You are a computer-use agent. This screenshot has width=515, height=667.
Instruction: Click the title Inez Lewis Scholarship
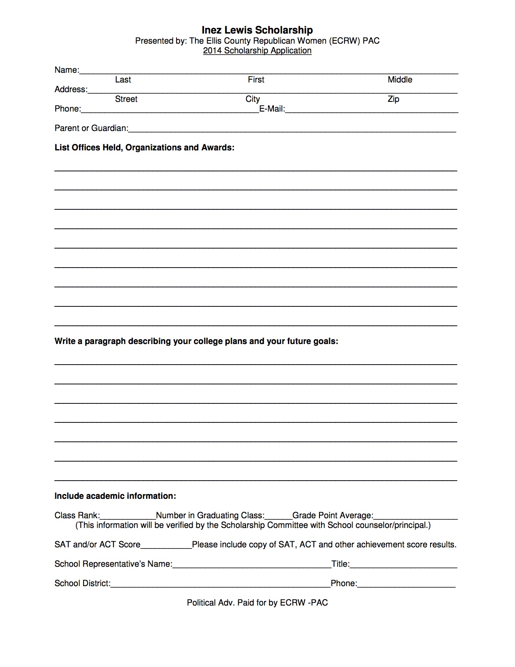click(257, 30)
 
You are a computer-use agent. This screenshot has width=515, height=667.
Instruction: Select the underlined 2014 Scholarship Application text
click(257, 51)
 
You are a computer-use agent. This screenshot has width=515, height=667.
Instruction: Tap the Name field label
click(67, 70)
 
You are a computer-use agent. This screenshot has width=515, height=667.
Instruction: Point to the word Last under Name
click(123, 80)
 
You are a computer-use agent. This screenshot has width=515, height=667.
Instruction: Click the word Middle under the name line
click(400, 80)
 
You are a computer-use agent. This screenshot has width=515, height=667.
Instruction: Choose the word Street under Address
click(126, 99)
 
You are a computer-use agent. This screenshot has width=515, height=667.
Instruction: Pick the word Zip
click(393, 99)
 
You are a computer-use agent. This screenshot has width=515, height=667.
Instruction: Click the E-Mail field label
click(272, 109)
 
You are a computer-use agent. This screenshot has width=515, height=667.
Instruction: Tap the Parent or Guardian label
click(91, 128)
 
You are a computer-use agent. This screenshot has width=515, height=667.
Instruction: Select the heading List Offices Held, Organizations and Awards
click(144, 148)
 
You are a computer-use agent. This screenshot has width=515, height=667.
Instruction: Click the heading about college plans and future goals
click(196, 341)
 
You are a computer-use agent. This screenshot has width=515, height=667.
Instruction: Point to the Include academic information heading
click(115, 496)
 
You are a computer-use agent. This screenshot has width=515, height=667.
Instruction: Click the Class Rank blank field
click(128, 516)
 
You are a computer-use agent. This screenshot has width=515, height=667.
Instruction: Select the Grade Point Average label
click(333, 515)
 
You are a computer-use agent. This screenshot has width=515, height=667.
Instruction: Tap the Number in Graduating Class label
click(210, 515)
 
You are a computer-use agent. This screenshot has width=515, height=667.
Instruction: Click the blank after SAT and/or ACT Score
click(166, 545)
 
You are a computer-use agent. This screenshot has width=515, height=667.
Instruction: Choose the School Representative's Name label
click(114, 564)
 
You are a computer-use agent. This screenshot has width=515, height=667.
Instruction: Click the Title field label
click(341, 564)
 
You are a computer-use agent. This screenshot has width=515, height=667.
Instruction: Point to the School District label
click(82, 583)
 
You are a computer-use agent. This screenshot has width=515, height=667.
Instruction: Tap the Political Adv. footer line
click(257, 603)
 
